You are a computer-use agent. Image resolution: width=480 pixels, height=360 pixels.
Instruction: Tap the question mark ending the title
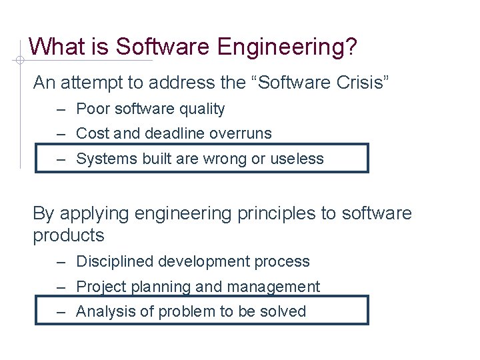[351, 47]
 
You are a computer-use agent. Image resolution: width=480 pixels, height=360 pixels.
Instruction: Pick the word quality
[203, 109]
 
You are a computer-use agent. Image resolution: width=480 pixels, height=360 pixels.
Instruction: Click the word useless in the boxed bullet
[300, 159]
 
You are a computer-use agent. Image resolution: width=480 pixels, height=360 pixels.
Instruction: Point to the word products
[69, 235]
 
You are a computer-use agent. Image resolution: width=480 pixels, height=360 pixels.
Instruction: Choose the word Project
[99, 287]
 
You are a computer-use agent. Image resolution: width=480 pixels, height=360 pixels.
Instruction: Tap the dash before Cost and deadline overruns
[61, 133]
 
